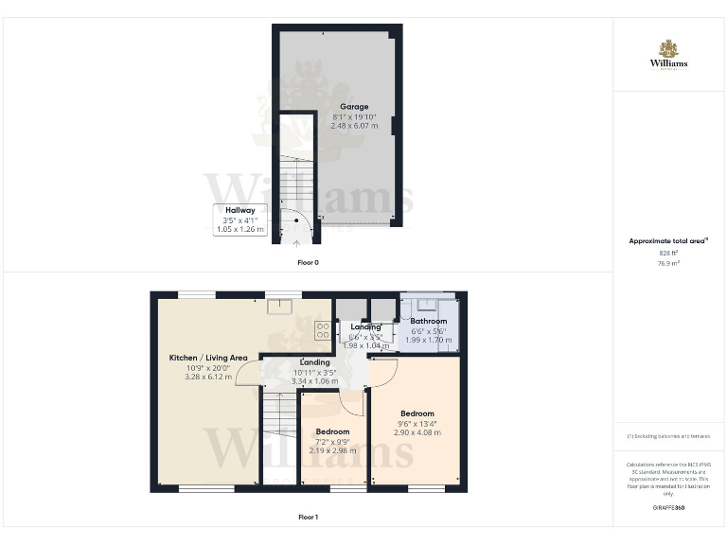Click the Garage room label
click(355, 106)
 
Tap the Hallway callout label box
click(239, 220)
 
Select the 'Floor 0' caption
click(308, 262)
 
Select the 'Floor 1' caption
click(308, 517)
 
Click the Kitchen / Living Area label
click(207, 358)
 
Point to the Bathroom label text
click(429, 322)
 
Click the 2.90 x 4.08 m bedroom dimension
click(417, 432)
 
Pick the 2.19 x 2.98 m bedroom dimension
click(332, 450)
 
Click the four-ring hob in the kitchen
click(322, 330)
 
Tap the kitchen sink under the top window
click(279, 305)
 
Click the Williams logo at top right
click(668, 54)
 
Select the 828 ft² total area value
click(668, 254)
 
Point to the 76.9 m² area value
click(668, 263)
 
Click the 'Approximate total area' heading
click(667, 241)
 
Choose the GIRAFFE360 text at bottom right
click(668, 508)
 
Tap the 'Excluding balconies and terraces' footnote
click(668, 436)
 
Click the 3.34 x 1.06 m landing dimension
click(314, 381)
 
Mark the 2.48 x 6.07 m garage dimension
click(355, 125)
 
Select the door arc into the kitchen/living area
click(248, 372)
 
